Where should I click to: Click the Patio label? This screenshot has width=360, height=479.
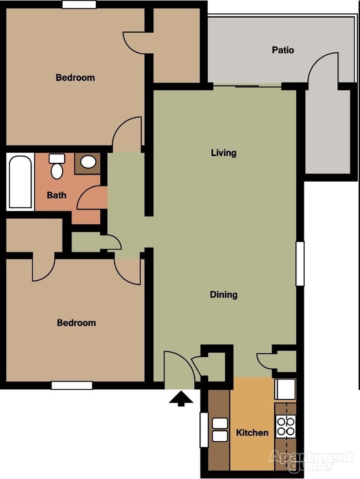tap(282, 50)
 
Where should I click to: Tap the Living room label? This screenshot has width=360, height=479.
tap(224, 153)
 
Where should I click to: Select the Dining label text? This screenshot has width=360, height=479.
tap(224, 295)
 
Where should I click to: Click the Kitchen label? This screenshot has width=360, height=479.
tap(252, 432)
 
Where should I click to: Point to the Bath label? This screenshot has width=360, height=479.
tap(56, 195)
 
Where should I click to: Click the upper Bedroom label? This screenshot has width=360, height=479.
tap(75, 78)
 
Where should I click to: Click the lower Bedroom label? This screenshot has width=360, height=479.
tap(76, 323)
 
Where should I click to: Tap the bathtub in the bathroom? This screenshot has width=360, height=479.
tap(20, 182)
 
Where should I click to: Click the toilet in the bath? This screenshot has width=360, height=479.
tap(56, 167)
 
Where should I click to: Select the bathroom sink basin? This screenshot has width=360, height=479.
tap(88, 162)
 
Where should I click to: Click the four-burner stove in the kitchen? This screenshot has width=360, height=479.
tap(286, 426)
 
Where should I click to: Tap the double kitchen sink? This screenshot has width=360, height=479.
tap(220, 430)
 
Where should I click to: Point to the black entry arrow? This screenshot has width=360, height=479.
tap(181, 399)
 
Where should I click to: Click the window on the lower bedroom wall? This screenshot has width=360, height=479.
tap(72, 385)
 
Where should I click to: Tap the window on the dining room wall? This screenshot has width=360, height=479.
tap(300, 264)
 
